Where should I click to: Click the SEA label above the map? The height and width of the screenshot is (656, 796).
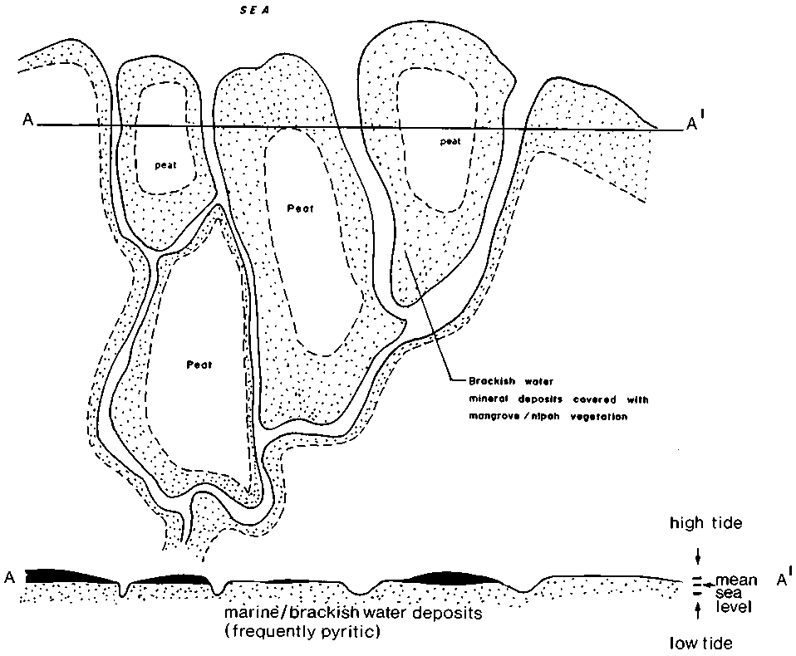[254, 11]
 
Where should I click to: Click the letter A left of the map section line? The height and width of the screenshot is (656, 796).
[28, 120]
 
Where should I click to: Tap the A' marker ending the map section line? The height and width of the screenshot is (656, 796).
[695, 123]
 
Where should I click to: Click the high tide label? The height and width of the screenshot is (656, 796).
[705, 523]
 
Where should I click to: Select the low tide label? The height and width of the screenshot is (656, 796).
[700, 644]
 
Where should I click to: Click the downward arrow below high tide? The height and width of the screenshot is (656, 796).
[698, 556]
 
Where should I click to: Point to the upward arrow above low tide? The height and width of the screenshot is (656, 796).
[698, 609]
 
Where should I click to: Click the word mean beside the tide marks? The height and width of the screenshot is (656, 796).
[736, 580]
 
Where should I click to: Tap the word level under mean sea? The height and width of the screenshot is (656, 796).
[734, 607]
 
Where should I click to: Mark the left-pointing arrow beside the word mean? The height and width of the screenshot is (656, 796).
[709, 584]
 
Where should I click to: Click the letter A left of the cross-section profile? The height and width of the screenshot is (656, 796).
[10, 577]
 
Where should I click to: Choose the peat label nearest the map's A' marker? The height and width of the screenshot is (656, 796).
[450, 141]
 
